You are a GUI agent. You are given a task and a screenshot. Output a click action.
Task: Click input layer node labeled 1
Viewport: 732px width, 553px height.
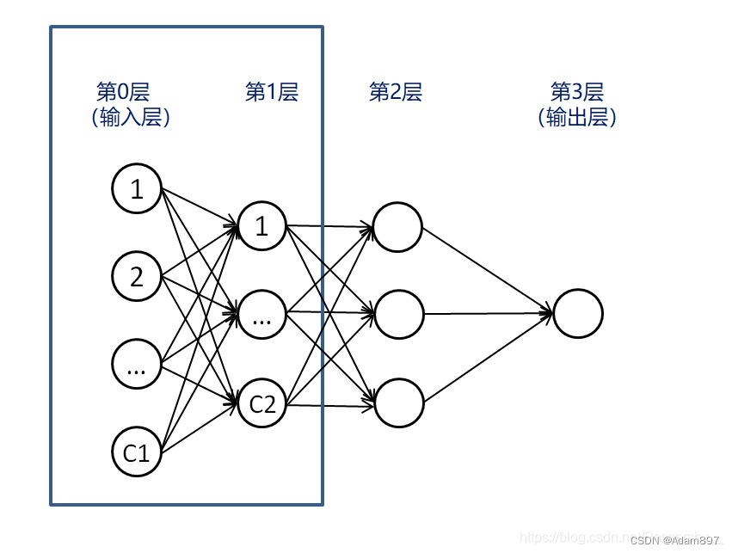(x=137, y=189)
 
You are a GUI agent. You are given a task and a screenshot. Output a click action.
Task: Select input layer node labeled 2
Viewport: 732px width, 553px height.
(x=137, y=277)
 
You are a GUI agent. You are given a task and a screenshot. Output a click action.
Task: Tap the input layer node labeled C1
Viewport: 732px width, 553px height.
(x=137, y=452)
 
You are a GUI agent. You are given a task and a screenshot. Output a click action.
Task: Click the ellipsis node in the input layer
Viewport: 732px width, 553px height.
(x=137, y=365)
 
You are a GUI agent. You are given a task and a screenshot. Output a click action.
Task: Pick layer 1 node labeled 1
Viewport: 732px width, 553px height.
(x=262, y=226)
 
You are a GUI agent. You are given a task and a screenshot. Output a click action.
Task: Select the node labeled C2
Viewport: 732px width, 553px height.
(x=262, y=402)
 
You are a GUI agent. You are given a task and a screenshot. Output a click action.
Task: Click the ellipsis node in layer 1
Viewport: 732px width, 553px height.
(x=262, y=315)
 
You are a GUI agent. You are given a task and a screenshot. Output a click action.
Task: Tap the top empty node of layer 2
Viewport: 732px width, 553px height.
(x=397, y=227)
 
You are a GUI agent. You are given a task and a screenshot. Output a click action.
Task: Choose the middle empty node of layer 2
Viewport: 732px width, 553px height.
(x=399, y=315)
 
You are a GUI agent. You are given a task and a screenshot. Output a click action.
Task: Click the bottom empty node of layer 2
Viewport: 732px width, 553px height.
(x=399, y=402)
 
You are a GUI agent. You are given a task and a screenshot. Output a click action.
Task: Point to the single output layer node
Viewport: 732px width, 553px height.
(x=578, y=313)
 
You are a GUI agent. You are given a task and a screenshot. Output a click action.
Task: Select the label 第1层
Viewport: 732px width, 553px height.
(x=271, y=92)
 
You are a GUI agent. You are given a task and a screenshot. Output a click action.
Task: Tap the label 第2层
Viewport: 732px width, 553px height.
(x=396, y=92)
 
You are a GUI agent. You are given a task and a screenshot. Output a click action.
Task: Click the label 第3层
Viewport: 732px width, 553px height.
(x=577, y=92)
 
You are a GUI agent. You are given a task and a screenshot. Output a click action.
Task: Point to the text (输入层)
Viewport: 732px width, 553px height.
(x=131, y=118)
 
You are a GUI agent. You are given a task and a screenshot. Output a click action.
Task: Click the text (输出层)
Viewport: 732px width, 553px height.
(x=577, y=118)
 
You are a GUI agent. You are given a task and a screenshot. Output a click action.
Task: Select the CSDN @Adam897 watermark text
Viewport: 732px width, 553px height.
(x=676, y=540)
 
